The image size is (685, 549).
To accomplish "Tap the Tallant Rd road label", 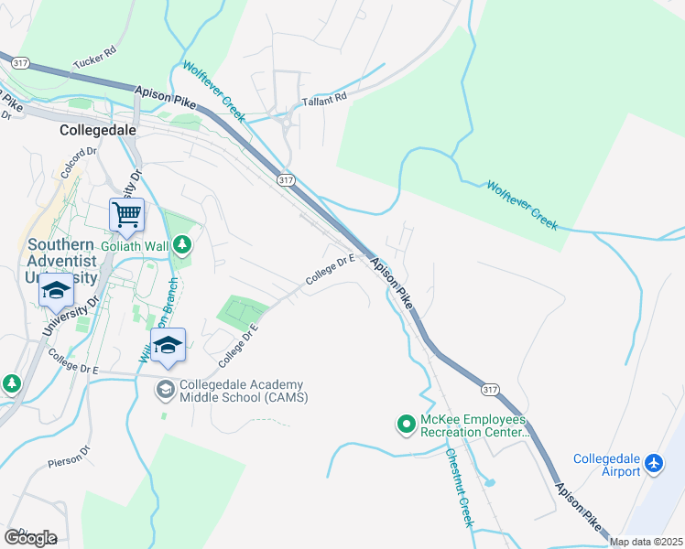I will coord(328,97).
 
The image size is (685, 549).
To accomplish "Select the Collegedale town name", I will coord(97,130).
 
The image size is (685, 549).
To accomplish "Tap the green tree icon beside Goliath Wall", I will coord(183,244).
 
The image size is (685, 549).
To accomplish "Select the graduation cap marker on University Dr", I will coord(56,292).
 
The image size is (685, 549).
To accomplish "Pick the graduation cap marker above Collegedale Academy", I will coord(168,345).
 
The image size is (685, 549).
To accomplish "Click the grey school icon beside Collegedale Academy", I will coord(165,390).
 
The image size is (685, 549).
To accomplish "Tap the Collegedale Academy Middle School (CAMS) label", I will coord(243,391).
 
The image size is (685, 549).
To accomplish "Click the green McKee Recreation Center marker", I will coord(405,424).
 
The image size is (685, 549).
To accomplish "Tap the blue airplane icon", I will coord(655,464).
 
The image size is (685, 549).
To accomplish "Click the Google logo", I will coord(30,537).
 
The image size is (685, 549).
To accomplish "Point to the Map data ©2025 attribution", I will coord(646,542).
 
